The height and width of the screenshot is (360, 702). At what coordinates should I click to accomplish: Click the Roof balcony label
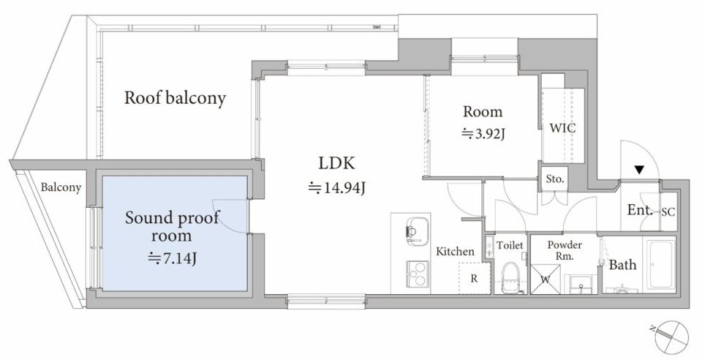point(175,99)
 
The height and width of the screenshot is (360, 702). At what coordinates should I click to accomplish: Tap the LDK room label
point(336,163)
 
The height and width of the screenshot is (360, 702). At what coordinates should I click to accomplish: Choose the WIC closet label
point(563,129)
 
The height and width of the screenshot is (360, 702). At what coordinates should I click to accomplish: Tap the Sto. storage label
point(555,179)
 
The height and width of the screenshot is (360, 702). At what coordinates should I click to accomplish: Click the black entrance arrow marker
point(640,170)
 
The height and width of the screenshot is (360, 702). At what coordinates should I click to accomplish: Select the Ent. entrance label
point(640,209)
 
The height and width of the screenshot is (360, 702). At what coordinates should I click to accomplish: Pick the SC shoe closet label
point(668,213)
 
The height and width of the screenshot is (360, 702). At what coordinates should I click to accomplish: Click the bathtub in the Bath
point(659,265)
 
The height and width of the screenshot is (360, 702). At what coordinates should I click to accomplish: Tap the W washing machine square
point(546,280)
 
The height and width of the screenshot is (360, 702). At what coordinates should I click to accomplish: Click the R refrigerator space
point(475,279)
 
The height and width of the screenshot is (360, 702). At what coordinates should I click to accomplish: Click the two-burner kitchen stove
point(418,274)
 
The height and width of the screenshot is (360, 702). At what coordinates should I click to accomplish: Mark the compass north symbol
point(671,336)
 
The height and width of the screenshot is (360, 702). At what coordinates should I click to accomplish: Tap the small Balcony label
point(61,187)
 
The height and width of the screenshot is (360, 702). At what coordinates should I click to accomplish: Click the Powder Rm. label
point(565,251)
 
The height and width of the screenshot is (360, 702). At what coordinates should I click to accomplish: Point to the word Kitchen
point(455,252)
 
